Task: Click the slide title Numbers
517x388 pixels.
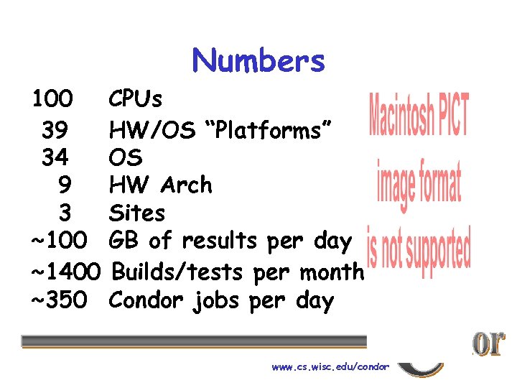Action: point(258,61)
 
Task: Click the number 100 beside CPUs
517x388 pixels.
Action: point(52,98)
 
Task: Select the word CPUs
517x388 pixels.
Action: point(136,98)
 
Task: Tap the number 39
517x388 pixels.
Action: point(55,131)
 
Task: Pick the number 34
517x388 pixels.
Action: point(55,157)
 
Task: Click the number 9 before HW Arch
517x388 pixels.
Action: point(64,185)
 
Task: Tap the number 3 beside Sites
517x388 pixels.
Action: point(65,213)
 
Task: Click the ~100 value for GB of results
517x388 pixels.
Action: point(60,241)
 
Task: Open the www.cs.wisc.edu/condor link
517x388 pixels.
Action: point(330,366)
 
